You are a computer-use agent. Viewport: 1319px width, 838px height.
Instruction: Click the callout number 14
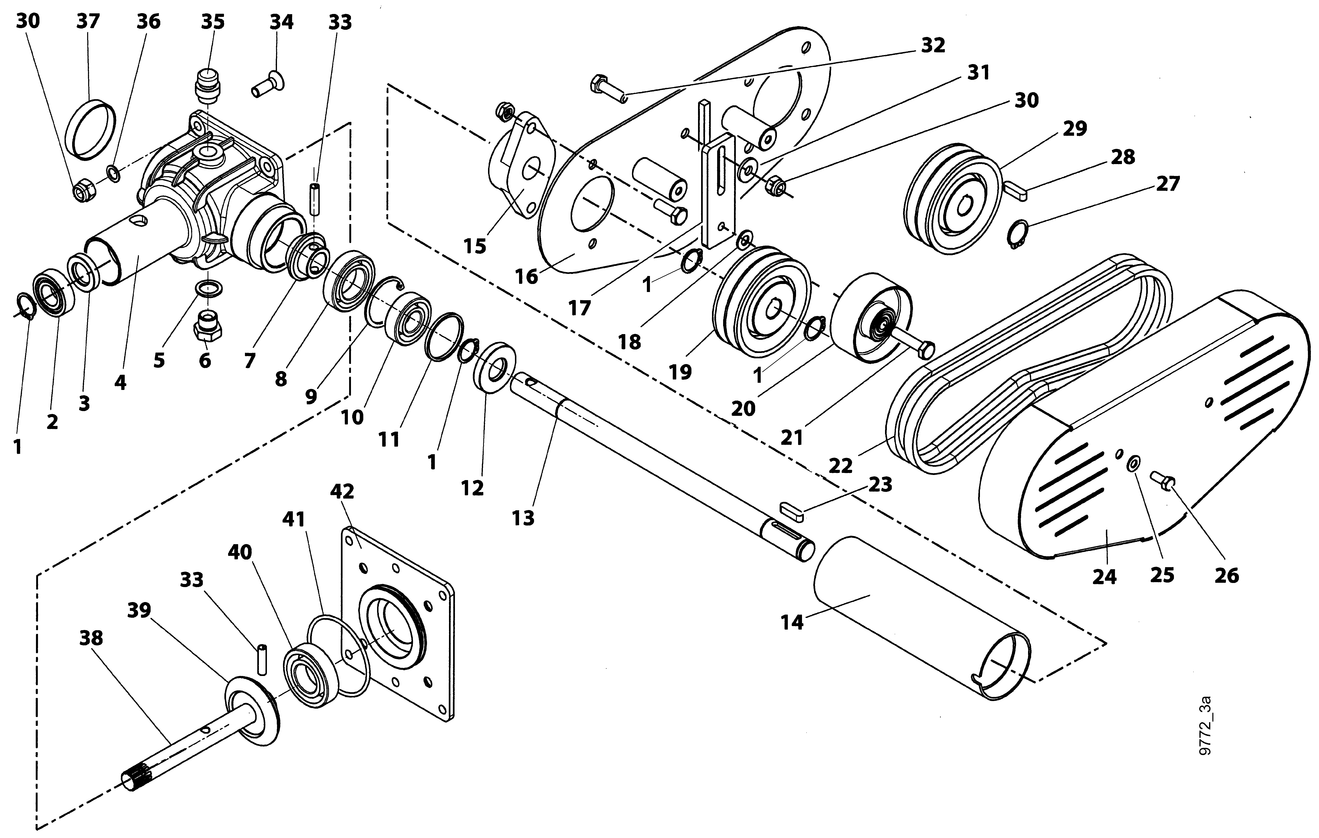point(792,622)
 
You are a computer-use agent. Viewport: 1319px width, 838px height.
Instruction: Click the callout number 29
point(1075,129)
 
